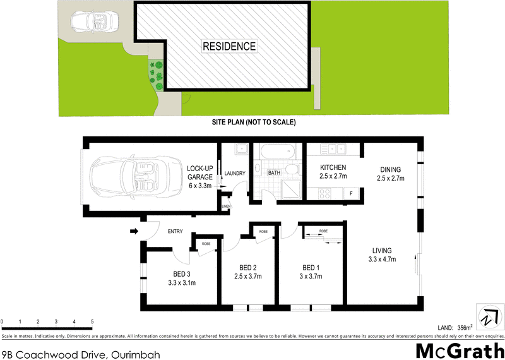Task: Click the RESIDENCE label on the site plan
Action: click(229, 46)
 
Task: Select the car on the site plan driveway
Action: click(92, 22)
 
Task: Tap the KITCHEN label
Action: click(334, 168)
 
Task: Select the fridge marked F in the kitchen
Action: click(351, 193)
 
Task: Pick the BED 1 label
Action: click(310, 267)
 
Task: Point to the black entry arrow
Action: click(133, 231)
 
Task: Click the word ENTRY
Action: click(175, 232)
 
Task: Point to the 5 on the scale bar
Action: click(92, 322)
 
